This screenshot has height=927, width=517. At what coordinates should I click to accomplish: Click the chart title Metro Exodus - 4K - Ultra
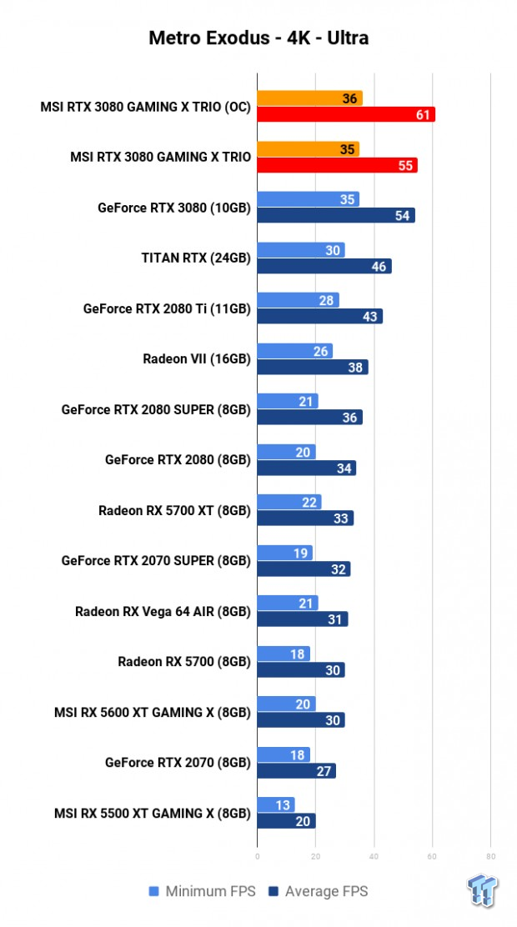point(258,38)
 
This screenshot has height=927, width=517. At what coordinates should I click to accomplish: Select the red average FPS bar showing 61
point(346,115)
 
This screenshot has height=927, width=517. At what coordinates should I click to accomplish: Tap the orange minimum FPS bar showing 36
point(309,98)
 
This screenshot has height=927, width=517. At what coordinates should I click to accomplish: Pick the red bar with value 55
point(337,165)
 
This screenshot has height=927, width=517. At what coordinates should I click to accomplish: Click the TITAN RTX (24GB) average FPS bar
point(324,266)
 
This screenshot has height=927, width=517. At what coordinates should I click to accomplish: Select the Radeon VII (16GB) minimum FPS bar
point(294,351)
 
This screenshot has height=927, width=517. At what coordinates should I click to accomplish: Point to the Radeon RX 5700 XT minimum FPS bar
point(289,502)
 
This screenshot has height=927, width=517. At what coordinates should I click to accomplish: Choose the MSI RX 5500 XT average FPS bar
point(286,821)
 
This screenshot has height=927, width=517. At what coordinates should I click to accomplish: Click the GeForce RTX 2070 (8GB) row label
point(178,762)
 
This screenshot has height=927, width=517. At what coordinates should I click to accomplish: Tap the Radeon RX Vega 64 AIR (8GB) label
point(163,611)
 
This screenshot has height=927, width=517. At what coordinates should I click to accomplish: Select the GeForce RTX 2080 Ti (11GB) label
point(167,308)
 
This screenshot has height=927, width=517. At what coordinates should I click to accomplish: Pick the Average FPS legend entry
point(319,892)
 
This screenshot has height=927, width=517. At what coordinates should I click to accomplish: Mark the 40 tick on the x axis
point(374,855)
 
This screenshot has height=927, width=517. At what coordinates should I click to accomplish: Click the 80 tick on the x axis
point(490,855)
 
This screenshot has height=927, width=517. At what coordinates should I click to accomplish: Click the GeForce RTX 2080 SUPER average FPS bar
point(309,418)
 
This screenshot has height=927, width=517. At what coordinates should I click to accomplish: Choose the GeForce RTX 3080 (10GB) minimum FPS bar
point(308,199)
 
